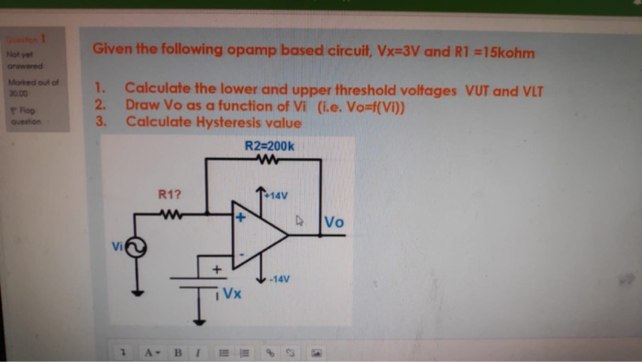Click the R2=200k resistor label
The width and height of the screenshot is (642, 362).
(269, 145)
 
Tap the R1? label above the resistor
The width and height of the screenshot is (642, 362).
(171, 194)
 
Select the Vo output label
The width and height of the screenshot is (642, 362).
(334, 222)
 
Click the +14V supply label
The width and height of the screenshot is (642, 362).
(277, 195)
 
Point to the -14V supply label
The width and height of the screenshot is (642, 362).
(279, 278)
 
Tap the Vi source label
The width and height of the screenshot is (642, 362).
(116, 245)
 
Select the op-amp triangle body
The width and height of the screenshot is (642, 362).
(258, 235)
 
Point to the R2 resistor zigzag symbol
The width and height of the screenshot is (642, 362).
(269, 159)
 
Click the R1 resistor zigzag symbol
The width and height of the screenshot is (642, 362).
(172, 214)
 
